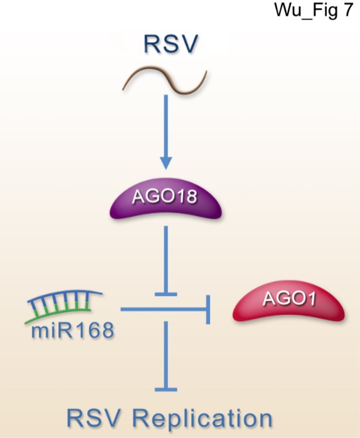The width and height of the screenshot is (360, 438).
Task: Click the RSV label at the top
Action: point(171,43)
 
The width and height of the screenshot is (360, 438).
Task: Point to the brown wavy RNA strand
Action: point(164,80)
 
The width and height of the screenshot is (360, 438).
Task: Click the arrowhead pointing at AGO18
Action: point(166,163)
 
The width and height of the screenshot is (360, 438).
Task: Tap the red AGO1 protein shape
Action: point(289,301)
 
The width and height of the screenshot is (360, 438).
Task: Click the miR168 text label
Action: point(73,330)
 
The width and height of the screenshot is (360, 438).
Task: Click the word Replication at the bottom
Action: point(202,418)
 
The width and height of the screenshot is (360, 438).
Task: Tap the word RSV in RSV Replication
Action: point(95,418)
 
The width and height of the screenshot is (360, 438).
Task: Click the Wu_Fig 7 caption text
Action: point(314,10)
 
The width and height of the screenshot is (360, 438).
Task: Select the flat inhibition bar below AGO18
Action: point(166,294)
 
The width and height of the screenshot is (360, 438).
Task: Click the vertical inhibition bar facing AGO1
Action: point(208,309)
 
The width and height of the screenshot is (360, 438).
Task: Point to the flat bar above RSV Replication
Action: point(166,389)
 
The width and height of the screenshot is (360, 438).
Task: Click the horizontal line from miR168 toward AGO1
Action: point(164,309)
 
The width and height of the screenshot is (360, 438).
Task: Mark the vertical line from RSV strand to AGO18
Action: point(166,126)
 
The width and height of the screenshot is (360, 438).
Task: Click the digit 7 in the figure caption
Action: point(347,9)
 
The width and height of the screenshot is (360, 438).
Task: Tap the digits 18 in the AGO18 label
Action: point(187,196)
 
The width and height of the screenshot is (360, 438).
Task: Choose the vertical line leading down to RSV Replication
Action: point(166,354)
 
